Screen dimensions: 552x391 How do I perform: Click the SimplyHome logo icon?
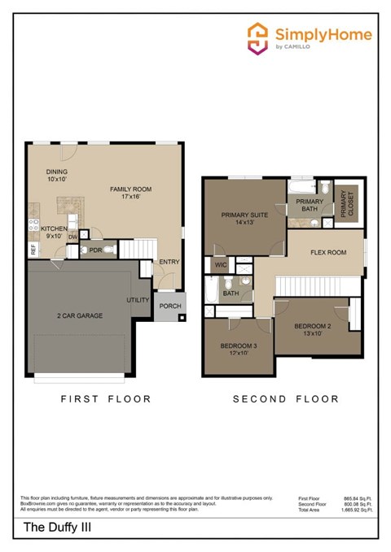258,38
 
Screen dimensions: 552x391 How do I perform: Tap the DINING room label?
56,175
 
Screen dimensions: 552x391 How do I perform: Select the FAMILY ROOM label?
131,193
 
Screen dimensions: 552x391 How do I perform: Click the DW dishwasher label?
72,237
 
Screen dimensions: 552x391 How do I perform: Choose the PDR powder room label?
95,250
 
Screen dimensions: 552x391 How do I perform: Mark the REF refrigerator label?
33,250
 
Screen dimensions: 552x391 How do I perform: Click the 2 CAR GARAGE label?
79,315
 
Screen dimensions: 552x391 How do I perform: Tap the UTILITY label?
138,300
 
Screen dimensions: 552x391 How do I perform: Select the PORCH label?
170,306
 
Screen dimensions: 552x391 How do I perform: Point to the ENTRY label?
169,262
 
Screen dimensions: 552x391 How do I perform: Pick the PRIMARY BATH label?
310,205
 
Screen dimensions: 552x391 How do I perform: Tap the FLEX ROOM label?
328,252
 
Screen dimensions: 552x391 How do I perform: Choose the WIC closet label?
220,265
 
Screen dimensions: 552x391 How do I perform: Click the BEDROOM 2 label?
313,329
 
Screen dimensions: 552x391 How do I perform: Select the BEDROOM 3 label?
238,349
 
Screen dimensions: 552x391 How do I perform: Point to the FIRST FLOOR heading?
107,399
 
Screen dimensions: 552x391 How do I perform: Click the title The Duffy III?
50,529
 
